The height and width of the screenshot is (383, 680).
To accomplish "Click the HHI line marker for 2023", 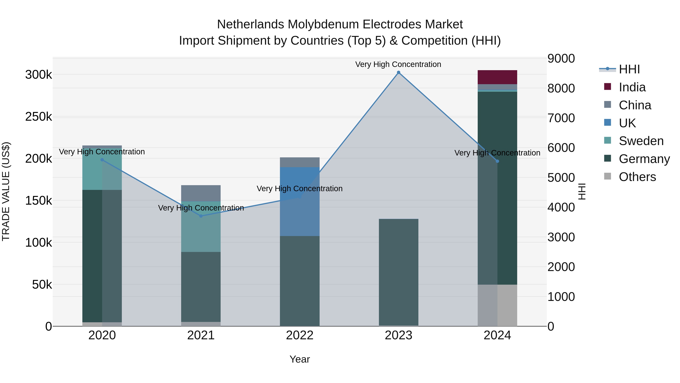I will click(398, 72).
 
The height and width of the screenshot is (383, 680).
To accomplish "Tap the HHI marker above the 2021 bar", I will click(201, 216).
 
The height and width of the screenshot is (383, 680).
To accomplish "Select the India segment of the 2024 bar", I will click(497, 77).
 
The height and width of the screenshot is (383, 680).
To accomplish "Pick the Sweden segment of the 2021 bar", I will click(201, 227).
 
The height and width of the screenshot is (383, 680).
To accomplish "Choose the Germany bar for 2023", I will click(398, 272).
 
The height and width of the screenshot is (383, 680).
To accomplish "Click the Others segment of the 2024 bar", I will click(497, 305).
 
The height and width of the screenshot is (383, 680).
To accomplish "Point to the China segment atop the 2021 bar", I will click(201, 193).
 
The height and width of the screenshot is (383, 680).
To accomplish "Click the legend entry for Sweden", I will click(641, 141).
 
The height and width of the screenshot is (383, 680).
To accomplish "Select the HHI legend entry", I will click(629, 69).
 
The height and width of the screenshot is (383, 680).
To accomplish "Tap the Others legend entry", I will click(637, 177).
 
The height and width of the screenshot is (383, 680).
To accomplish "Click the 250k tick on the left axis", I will click(39, 117).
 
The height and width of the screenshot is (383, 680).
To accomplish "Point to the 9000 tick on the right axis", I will click(561, 58).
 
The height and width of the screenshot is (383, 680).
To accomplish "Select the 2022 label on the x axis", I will click(300, 335).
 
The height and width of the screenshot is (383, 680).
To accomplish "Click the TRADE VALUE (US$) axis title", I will click(6, 191).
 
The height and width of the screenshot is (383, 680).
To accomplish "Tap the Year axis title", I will click(300, 359).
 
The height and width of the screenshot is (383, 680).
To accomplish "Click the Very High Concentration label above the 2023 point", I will click(398, 64).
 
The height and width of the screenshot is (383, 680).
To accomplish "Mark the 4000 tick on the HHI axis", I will click(561, 207).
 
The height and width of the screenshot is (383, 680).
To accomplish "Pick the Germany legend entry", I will click(644, 159).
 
